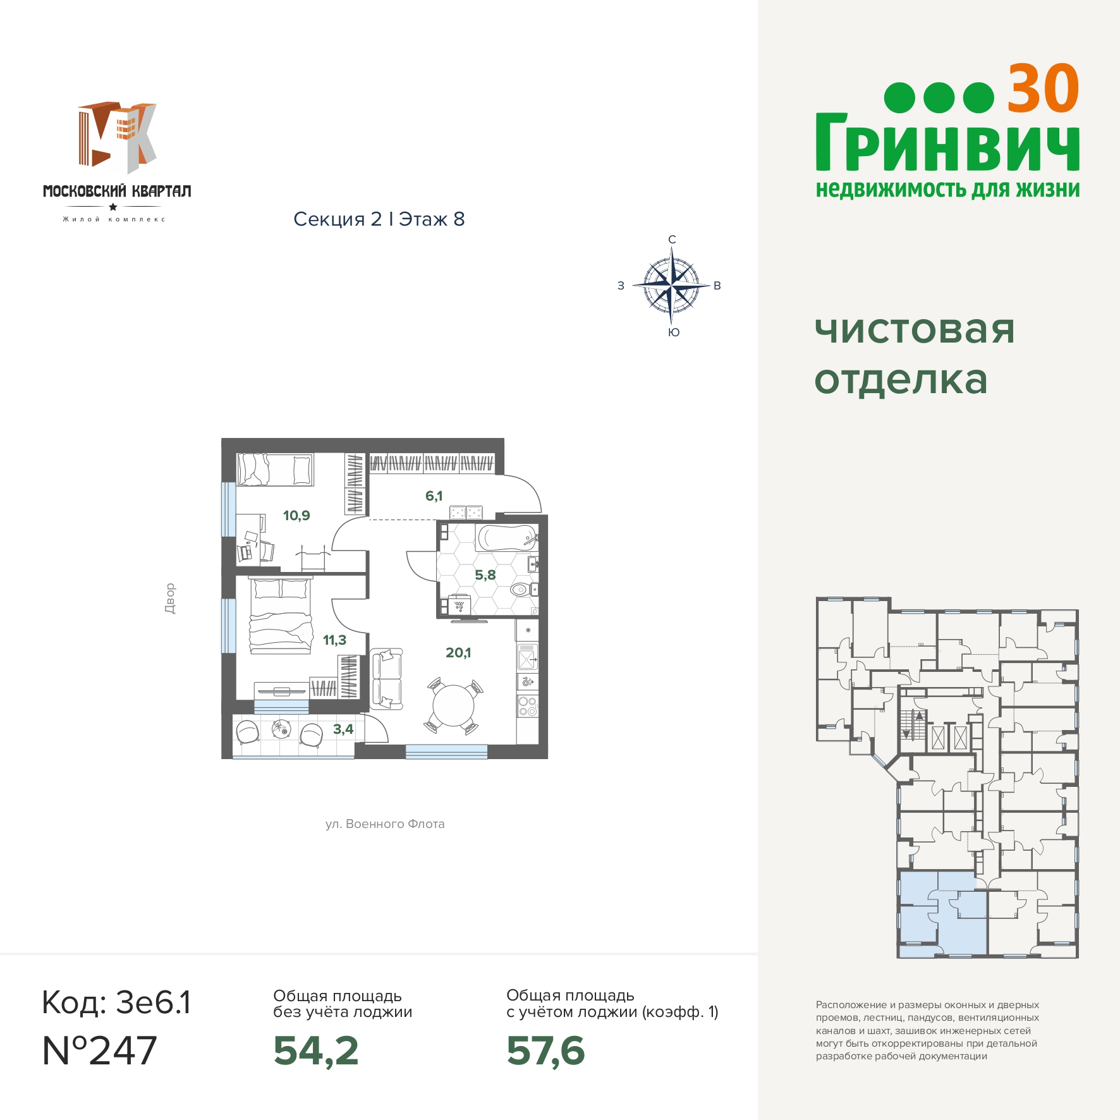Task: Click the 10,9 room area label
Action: point(296,516)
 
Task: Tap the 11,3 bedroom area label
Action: point(334,640)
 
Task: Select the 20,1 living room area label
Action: point(458,653)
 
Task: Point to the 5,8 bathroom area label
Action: point(485,575)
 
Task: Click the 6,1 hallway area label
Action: point(434,496)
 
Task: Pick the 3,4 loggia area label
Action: point(343,729)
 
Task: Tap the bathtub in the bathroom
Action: point(507,539)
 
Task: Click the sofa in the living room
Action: point(386,679)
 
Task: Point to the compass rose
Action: point(671,286)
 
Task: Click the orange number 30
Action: point(1043,88)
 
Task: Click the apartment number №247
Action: point(99,1051)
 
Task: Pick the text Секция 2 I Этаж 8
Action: point(379,219)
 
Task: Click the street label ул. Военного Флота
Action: point(385,824)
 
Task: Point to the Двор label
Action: point(169,599)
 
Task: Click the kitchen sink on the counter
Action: point(527,657)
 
